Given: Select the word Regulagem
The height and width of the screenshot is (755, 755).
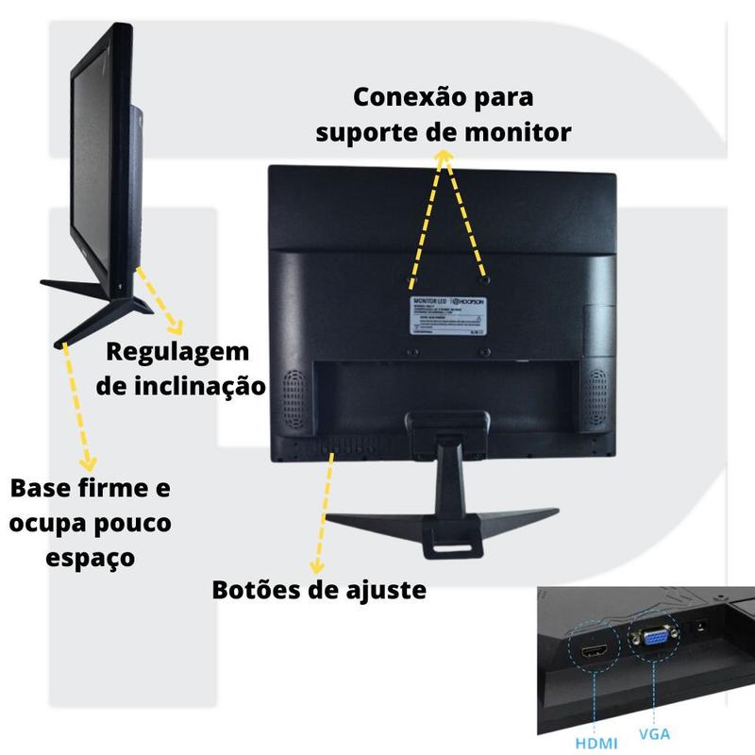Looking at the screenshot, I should pyautogui.click(x=177, y=352).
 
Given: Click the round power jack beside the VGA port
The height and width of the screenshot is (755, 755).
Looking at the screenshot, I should pyautogui.click(x=701, y=626).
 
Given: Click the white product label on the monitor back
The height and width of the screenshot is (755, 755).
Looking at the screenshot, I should pyautogui.click(x=448, y=314).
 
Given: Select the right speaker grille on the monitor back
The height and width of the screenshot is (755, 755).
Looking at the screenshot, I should pyautogui.click(x=597, y=391).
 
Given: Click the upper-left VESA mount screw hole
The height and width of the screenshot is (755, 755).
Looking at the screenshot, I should pyautogui.click(x=412, y=280).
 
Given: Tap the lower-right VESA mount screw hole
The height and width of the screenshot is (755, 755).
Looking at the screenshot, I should pyautogui.click(x=484, y=351).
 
